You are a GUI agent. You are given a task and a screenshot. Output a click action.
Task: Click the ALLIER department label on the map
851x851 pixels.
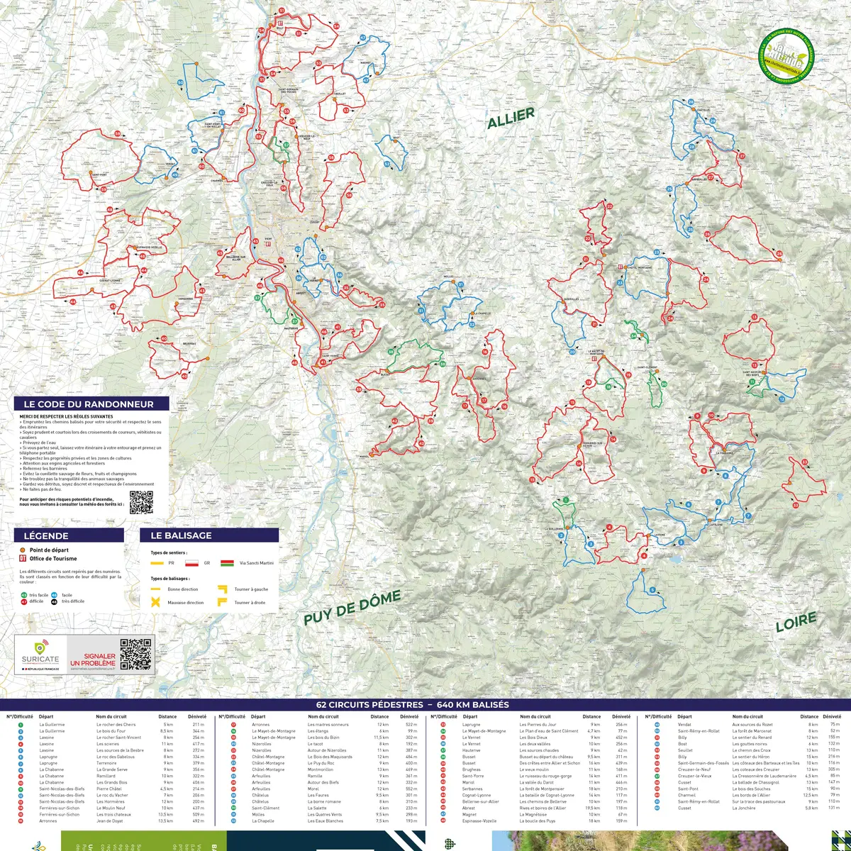(511, 118)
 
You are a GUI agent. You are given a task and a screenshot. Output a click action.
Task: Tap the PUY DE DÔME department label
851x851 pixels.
(352, 608)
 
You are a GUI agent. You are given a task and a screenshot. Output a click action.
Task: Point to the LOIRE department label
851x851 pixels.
(796, 623)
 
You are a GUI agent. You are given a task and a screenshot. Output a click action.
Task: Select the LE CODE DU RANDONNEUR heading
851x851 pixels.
(89, 404)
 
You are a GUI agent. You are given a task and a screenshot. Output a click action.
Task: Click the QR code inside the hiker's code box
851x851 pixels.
(141, 502)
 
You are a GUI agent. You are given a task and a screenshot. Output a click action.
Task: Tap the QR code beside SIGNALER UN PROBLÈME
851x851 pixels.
(135, 654)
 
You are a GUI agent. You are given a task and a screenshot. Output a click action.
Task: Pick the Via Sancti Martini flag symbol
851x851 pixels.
(228, 563)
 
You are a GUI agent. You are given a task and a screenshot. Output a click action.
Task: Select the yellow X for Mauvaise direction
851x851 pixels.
(155, 602)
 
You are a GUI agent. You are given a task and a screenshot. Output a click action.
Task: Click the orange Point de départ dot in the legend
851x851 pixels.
(23, 550)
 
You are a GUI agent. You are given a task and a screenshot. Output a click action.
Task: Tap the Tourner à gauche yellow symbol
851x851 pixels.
(222, 589)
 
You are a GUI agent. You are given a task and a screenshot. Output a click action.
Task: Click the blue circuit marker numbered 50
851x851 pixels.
(180, 83)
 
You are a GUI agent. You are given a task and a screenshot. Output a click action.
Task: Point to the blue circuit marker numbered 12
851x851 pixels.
(782, 399)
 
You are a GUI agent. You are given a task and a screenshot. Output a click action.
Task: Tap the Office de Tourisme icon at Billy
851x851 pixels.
(280, 23)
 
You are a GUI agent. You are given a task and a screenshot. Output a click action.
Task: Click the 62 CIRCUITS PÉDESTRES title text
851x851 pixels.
(412, 705)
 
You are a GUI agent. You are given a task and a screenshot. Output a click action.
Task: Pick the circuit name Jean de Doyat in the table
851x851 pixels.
(109, 821)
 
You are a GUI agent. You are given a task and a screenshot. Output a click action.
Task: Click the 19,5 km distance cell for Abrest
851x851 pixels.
(592, 808)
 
